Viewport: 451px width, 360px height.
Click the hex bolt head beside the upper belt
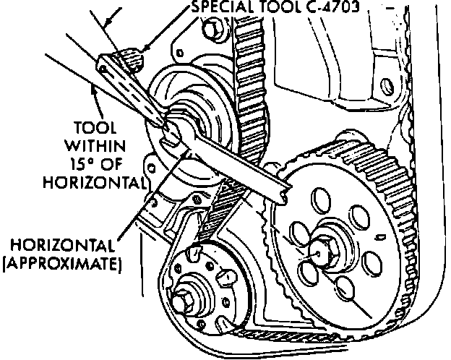212,29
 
